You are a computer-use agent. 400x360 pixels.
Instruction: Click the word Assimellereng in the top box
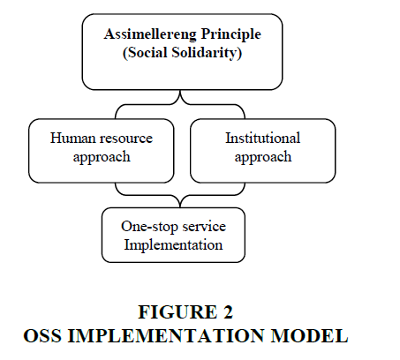(150, 34)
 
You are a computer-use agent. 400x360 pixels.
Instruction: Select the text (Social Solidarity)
(182, 53)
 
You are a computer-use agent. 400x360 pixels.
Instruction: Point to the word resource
(126, 139)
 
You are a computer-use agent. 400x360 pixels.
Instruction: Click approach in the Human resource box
(102, 157)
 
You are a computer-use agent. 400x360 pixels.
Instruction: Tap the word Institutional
(263, 138)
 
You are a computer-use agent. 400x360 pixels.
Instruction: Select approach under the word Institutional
(263, 157)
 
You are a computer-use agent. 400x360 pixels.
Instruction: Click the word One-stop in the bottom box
(149, 227)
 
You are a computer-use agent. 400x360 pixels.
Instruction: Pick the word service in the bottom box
(204, 227)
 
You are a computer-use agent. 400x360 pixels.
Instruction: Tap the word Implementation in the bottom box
(173, 245)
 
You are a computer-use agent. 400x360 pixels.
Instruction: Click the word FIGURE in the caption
(177, 312)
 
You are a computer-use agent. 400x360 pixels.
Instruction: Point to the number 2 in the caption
(228, 312)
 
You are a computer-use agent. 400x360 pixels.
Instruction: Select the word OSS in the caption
(42, 335)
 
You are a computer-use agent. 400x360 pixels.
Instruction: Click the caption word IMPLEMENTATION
(166, 335)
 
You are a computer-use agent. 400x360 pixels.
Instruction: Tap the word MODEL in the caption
(309, 335)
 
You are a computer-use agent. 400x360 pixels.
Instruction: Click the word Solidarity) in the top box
(207, 53)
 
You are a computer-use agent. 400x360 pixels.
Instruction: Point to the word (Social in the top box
(145, 53)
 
